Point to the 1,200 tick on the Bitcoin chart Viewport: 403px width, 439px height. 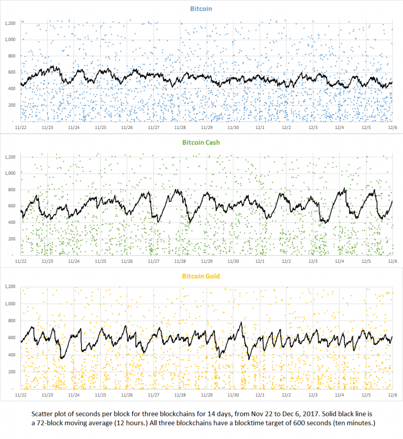(10, 23)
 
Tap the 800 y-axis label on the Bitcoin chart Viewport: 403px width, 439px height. (12, 56)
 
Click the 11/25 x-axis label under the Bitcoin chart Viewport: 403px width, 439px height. (100, 127)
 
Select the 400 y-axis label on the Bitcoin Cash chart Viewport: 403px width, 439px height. (12, 223)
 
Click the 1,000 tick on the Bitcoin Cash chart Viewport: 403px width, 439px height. (10, 173)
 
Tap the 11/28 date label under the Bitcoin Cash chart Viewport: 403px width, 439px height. (180, 261)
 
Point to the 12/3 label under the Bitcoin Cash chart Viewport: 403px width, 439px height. (313, 261)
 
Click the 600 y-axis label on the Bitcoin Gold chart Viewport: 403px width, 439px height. (12, 337)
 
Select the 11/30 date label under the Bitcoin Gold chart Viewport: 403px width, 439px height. (233, 394)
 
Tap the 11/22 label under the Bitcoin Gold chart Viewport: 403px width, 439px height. (21, 394)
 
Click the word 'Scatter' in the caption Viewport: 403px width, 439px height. (41, 415)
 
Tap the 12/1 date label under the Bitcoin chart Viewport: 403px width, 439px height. (260, 127)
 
